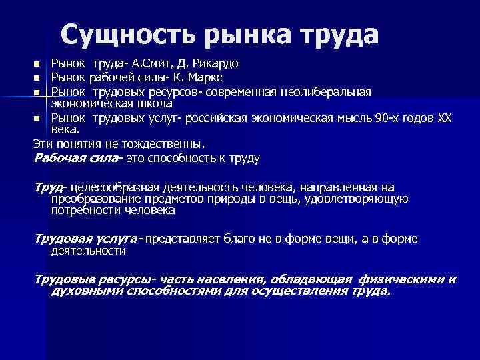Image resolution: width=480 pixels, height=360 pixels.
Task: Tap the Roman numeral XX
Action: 443,118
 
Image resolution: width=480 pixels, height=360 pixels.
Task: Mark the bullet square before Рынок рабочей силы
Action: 37,78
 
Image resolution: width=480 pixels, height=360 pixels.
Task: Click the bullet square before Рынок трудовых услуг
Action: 37,119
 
